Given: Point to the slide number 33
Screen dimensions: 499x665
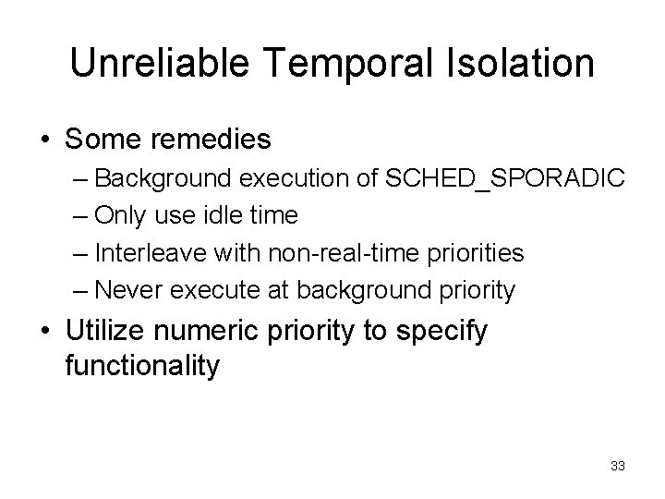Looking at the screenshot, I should tap(618, 466).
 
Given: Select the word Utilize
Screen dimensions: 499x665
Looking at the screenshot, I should tap(108, 330).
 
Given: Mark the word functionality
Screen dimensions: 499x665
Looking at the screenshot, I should tap(143, 365).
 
